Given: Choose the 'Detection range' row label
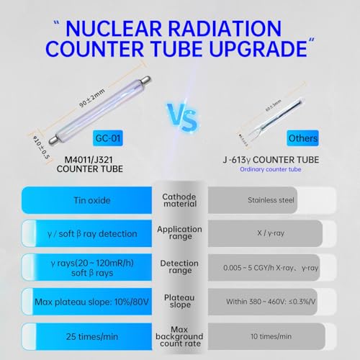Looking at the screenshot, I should point(179,266).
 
